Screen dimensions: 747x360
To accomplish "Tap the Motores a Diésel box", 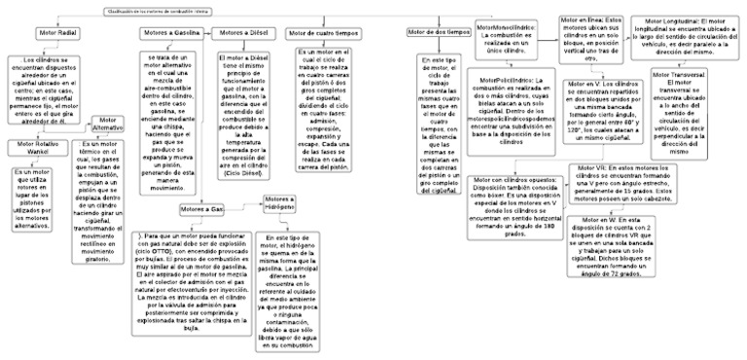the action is [243, 33].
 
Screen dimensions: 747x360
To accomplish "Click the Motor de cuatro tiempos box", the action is [326, 33].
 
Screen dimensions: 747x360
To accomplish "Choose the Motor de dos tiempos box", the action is [438, 33].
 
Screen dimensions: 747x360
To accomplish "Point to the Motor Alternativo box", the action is [107, 125].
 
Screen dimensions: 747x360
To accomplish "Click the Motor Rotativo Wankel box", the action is [34, 149].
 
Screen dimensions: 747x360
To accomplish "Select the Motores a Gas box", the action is [202, 209].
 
